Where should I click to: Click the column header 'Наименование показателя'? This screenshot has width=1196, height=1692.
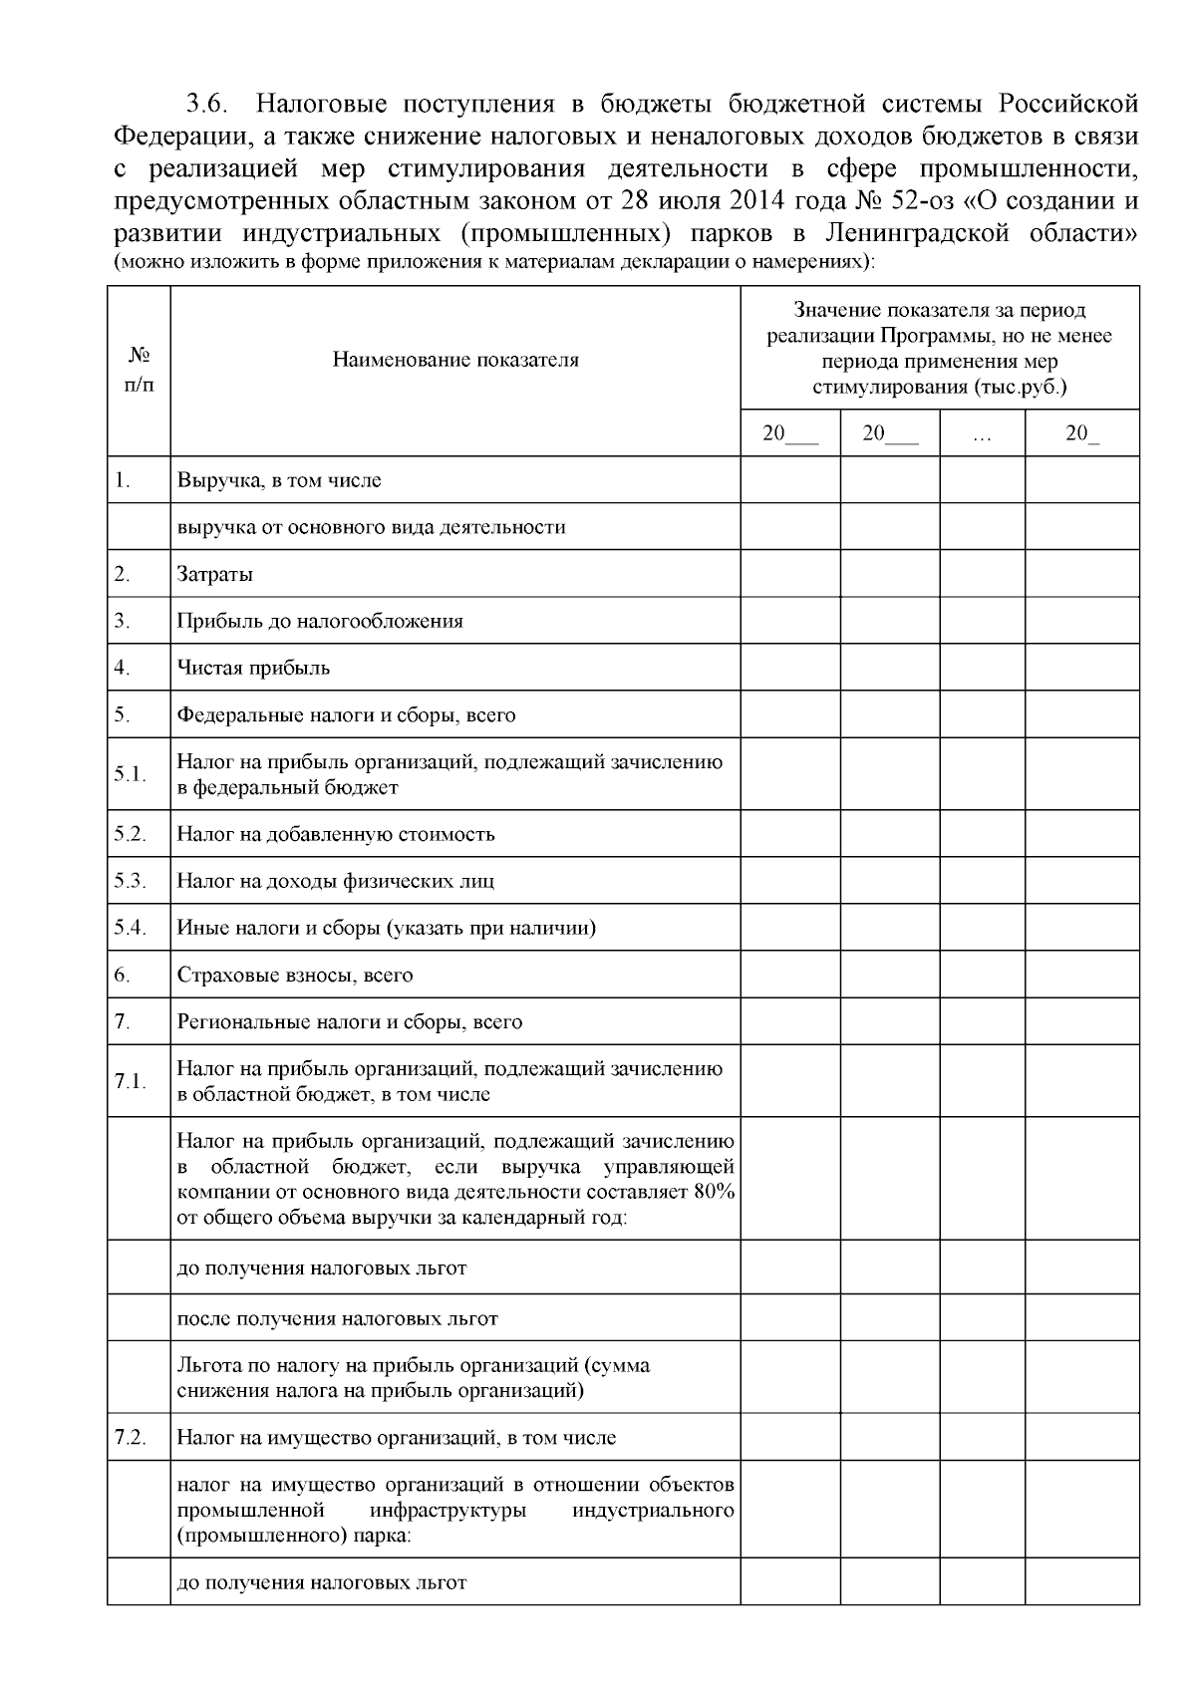coord(455,360)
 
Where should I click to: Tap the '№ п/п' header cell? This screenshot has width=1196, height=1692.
coord(139,371)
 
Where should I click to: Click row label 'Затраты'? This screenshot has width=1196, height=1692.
coord(214,574)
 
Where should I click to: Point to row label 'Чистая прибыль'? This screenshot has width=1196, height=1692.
coord(253,668)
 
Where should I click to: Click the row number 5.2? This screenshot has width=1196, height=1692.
coord(130,833)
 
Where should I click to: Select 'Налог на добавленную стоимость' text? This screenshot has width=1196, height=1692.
coord(336,834)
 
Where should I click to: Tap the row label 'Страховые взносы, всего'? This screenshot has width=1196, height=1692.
coord(295,975)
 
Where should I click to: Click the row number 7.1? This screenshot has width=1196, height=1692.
coord(130,1081)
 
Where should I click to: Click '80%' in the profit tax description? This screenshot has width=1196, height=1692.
coord(714,1192)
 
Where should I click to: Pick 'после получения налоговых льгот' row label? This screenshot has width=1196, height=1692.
coord(337,1318)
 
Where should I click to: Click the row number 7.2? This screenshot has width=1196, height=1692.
coord(130,1437)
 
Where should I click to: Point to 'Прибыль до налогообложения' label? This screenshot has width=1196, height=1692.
coord(320,621)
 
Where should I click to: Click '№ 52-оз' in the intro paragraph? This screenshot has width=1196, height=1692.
coord(896,200)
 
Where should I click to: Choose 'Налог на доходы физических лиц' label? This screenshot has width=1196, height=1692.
coord(335,881)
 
